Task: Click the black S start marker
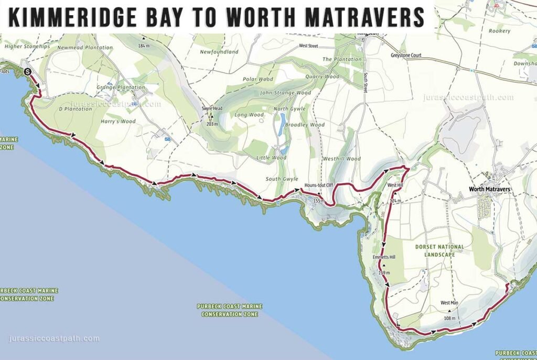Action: coord(28,73)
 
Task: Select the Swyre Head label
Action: coord(212,108)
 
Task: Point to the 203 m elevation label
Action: coord(212,124)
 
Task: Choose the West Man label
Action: coord(449,303)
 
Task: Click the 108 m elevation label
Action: coord(449,318)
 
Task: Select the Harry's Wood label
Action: coord(121,122)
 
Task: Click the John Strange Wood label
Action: coord(285,93)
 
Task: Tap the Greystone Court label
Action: coord(406,56)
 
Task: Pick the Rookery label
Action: coord(499,31)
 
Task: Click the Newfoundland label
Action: coord(219,52)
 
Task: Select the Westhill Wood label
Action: coord(342,159)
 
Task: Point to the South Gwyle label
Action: coord(282,179)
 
